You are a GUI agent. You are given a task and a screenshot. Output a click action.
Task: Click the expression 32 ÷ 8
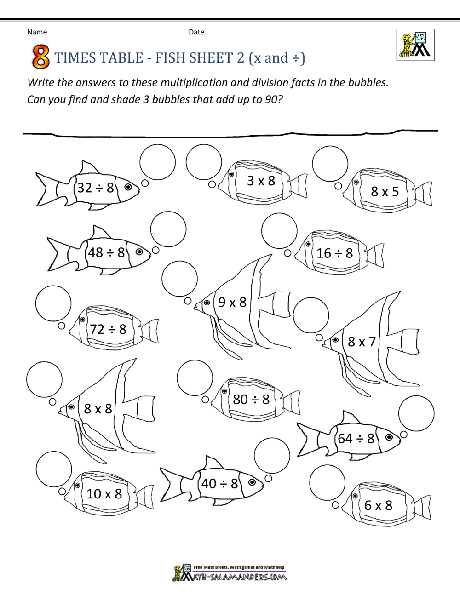(96, 188)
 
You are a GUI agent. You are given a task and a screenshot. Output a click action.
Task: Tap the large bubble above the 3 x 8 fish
(204, 162)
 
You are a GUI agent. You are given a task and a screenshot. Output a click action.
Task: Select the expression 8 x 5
(385, 192)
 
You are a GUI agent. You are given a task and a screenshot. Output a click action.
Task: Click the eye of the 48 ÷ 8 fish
(139, 252)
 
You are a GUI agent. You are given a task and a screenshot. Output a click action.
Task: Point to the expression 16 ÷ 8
(334, 253)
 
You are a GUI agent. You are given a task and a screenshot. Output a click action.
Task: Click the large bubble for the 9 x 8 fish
(179, 279)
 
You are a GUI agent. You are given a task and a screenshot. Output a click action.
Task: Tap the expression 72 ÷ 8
(108, 329)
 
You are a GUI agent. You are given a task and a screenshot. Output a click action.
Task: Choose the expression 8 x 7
(362, 342)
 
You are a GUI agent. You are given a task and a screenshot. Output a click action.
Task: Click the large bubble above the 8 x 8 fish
(44, 379)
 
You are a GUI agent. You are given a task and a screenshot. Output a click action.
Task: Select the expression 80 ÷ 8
(251, 400)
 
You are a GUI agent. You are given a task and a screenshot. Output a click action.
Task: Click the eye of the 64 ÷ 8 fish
(389, 437)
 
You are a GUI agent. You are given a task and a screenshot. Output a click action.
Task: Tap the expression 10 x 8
(104, 494)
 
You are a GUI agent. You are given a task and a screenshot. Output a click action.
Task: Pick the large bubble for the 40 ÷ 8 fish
(272, 456)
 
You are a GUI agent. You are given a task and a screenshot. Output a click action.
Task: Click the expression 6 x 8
(378, 505)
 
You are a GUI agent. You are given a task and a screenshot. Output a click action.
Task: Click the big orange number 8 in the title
(40, 57)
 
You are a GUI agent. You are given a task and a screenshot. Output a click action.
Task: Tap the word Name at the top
(37, 32)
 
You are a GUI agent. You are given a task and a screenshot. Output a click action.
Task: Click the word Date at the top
(196, 32)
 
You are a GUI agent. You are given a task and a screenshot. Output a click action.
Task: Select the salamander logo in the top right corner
(415, 45)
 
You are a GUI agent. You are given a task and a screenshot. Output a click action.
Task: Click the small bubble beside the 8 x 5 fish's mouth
(338, 186)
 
